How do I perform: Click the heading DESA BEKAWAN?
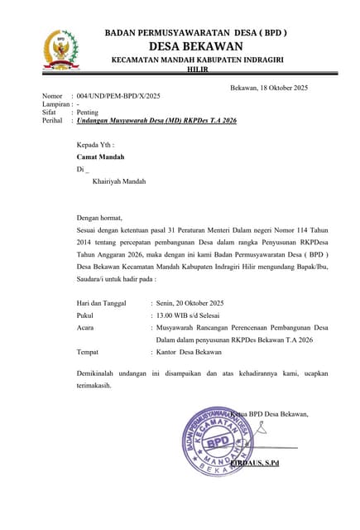[x=195, y=46]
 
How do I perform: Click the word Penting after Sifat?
[x=87, y=112]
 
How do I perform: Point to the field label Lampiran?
[x=55, y=104]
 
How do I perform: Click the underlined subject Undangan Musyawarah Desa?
[x=156, y=121]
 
